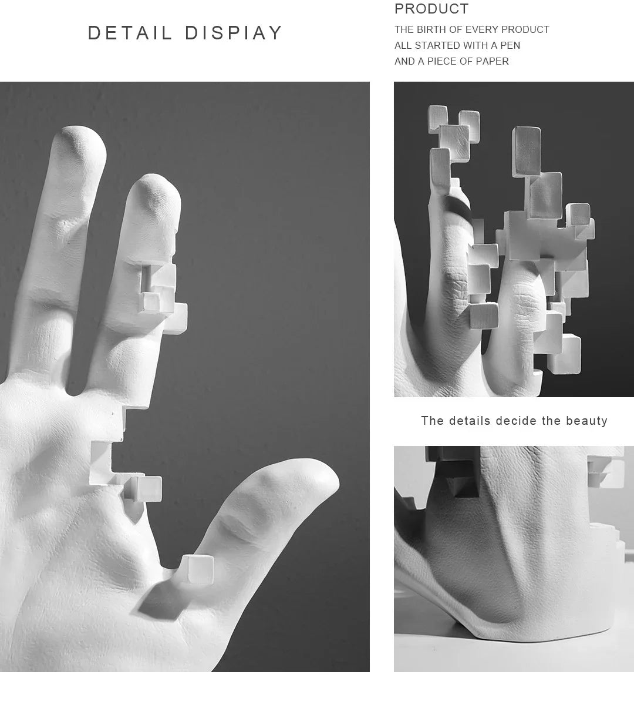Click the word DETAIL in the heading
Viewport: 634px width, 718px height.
pos(130,33)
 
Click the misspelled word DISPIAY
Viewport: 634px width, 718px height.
pos(234,33)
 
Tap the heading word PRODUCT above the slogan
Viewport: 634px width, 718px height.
pos(431,9)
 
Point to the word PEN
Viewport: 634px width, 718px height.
pos(510,45)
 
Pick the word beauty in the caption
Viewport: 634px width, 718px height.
pos(586,421)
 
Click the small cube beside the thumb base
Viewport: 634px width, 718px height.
pos(197,569)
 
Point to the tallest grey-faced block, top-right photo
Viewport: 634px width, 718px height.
pos(526,151)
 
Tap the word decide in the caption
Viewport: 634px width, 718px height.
pos(517,421)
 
